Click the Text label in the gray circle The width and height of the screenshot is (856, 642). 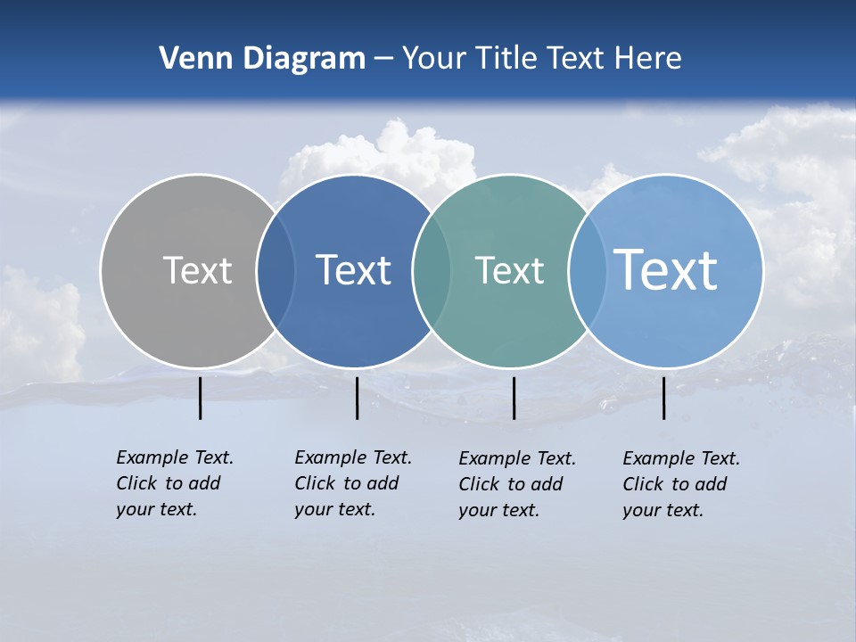point(197,270)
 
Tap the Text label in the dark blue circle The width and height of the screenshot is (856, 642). point(353,270)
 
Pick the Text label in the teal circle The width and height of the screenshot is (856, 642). point(509,270)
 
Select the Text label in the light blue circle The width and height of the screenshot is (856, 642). point(666,269)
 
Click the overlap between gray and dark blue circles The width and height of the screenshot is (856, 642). point(276,271)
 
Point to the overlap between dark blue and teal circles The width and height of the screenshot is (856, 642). point(432,271)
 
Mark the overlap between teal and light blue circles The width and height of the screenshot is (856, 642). point(587,271)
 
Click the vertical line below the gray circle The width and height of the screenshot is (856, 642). point(201,398)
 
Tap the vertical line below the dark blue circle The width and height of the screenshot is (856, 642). point(357,398)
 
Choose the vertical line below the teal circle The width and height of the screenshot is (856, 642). point(514,398)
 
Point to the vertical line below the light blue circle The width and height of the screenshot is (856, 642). point(664,398)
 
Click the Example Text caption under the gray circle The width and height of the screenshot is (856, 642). point(175,483)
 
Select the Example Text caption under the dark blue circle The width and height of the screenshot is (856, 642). point(353,483)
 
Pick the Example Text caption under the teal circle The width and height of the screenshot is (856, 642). point(517,484)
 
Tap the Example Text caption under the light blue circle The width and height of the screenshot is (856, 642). point(681,484)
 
